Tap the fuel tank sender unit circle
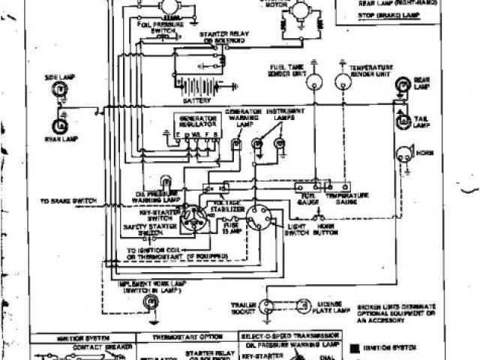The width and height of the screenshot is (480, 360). click(x=315, y=82)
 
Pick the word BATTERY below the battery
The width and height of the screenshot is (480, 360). click(x=194, y=99)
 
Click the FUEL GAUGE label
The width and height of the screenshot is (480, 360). click(x=306, y=196)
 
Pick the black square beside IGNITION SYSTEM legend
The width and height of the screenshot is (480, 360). click(x=353, y=347)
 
